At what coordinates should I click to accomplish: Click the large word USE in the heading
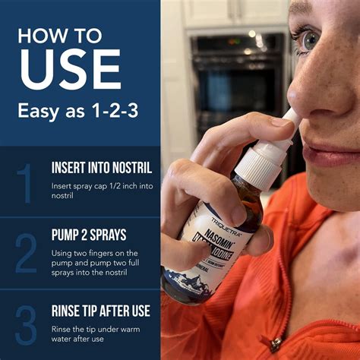click(70, 70)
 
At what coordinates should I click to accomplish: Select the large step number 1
click(25, 183)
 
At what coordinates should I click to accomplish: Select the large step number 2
click(25, 254)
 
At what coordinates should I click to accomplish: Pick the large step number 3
click(25, 324)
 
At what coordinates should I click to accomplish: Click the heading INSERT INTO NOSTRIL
click(102, 167)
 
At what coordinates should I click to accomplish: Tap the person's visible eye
click(308, 39)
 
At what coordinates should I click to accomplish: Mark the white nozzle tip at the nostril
click(290, 118)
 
